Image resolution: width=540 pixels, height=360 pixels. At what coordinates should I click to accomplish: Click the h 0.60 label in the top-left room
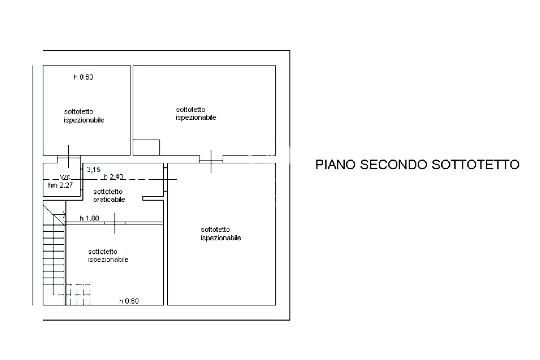83,77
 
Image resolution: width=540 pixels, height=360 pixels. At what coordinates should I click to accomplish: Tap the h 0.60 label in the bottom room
129,301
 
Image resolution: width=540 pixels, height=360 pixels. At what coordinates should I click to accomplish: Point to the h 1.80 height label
89,218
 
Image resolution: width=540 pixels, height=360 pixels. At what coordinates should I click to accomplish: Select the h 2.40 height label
113,176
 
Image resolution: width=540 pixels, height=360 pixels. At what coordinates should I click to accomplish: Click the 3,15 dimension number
94,170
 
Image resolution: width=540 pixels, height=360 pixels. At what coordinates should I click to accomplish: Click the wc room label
64,176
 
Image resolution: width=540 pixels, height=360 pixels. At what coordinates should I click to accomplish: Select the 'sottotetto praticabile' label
109,196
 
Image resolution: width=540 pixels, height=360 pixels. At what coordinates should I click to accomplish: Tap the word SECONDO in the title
393,165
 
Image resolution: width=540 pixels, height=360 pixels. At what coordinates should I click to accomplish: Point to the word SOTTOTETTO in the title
475,165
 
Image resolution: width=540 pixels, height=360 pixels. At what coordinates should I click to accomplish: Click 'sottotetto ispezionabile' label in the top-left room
84,116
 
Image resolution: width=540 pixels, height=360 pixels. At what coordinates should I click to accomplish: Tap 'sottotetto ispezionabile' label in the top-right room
196,114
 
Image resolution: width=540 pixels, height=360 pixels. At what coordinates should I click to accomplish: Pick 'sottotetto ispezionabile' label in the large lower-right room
221,234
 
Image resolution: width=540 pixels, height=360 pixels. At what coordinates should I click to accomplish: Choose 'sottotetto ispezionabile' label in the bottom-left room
108,256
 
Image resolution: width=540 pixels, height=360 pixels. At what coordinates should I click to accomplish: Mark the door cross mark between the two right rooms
211,161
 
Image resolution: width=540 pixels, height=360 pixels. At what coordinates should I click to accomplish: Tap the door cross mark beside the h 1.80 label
115,222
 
